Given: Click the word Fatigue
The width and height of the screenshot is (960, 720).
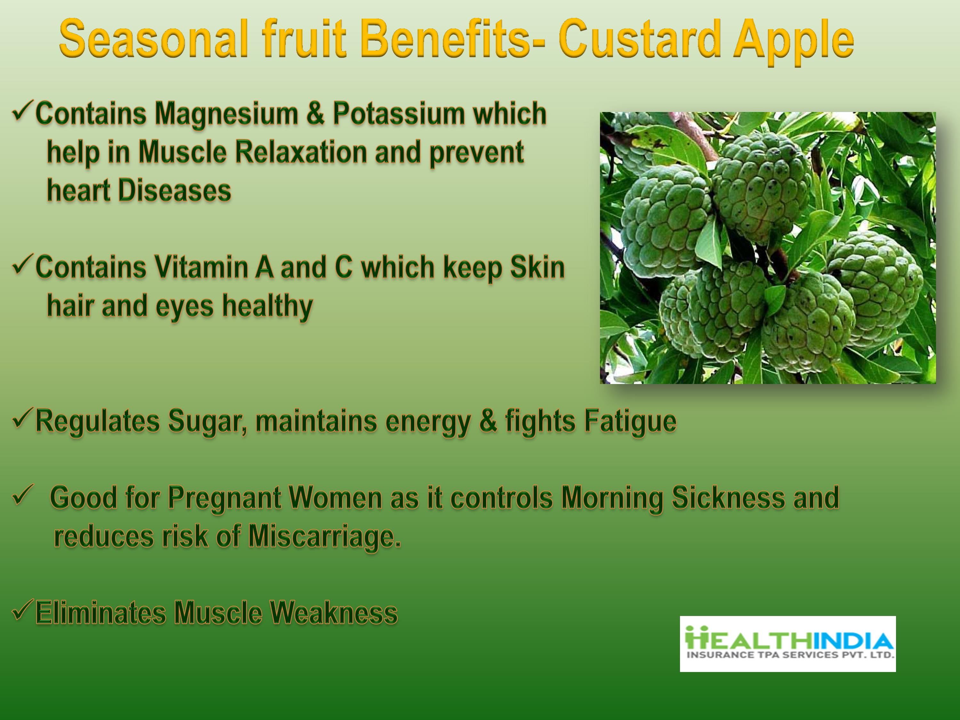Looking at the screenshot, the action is tap(630, 421).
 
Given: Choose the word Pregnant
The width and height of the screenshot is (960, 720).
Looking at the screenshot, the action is tap(224, 498).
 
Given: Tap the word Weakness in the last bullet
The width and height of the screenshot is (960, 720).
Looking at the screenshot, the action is tap(333, 613).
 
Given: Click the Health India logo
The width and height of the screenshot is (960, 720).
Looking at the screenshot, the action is tap(788, 644).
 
